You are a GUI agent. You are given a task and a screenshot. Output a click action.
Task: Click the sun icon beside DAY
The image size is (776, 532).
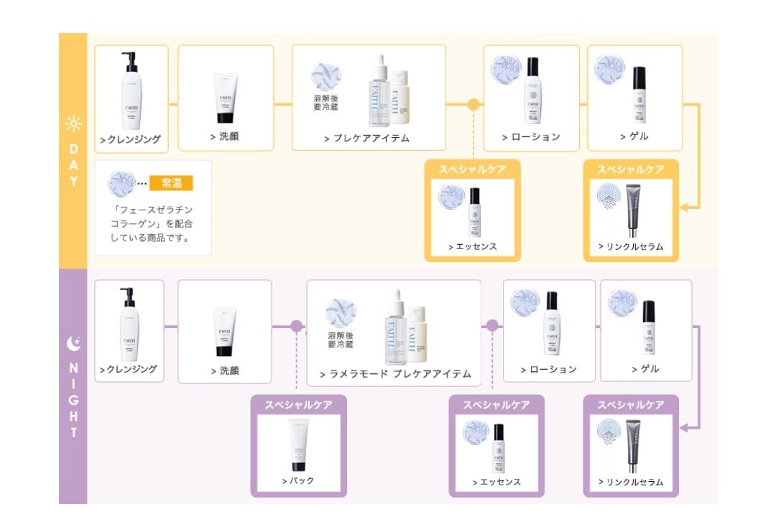[x=73, y=124]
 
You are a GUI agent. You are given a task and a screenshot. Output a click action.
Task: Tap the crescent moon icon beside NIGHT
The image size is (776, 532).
[x=73, y=344]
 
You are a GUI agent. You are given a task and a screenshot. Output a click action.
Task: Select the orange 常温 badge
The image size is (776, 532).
[x=171, y=183]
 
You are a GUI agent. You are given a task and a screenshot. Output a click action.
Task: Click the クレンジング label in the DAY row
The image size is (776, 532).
[x=130, y=139]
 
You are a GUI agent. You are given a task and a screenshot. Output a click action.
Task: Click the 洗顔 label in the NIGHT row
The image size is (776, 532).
[x=224, y=370]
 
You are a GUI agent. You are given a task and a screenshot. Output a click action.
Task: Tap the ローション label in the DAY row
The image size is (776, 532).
[x=531, y=136]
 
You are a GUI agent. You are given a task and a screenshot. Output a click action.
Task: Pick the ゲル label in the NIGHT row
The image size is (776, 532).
[x=645, y=369]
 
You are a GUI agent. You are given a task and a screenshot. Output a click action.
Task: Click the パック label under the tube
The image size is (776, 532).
[x=298, y=480]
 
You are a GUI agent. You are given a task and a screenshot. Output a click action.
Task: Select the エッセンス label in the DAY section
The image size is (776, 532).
[x=471, y=246]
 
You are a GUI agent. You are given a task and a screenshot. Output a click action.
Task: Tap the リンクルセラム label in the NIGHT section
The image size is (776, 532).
[x=631, y=482]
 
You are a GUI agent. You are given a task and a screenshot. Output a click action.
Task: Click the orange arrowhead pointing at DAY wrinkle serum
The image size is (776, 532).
[x=683, y=207]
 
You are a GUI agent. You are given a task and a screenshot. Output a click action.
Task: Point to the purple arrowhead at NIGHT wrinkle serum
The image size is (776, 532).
[x=683, y=428]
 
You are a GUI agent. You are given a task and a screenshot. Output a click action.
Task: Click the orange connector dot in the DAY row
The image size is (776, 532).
[x=473, y=104]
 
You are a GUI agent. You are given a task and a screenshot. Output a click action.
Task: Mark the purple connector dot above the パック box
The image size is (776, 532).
[x=296, y=326]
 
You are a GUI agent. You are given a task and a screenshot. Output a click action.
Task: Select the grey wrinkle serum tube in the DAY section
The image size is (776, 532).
[x=634, y=210]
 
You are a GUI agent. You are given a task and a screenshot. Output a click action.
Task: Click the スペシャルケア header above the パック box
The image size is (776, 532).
[x=298, y=405]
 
